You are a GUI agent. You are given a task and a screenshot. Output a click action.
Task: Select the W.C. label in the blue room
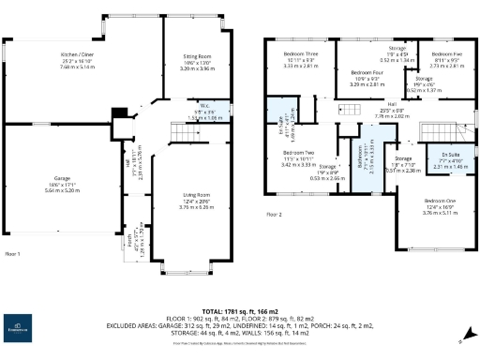point(195,108)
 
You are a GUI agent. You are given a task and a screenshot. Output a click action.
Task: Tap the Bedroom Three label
point(296,54)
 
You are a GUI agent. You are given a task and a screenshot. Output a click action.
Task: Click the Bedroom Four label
point(367,72)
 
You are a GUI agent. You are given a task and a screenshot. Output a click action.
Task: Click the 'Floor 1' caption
point(13,253)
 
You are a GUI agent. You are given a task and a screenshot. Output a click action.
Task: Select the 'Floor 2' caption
point(274,215)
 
